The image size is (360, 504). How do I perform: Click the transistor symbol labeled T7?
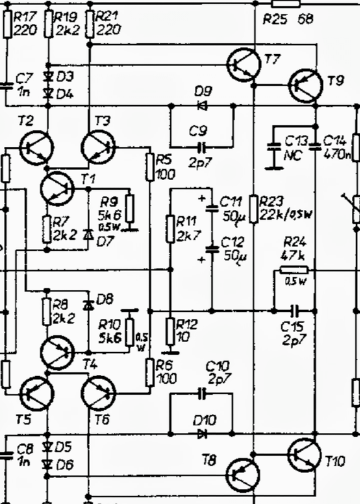coord(243,65)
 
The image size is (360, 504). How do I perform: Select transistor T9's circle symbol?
coord(305,86)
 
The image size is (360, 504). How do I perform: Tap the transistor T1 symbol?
coord(57,188)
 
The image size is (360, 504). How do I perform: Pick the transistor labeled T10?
coord(305,454)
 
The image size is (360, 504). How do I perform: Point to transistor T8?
coord(243,475)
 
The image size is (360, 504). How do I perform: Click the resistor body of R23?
coord(254,209)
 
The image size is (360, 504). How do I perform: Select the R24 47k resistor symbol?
coord(294,270)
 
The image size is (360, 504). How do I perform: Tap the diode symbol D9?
coord(202,105)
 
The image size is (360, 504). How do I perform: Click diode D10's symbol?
coord(202,434)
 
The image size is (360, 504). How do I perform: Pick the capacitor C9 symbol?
coord(202,147)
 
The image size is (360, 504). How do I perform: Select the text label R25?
coord(275,19)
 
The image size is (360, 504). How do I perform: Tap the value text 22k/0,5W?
coord(286,214)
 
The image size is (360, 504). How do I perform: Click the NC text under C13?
coord(293,156)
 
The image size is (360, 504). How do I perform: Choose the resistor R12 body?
coord(170,332)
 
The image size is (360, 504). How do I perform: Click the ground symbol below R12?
coord(170,353)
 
